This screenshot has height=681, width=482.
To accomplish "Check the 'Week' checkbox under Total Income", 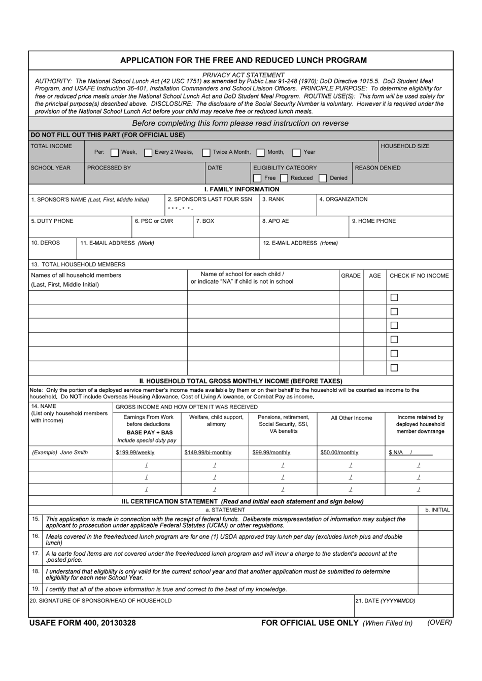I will pos(115,152).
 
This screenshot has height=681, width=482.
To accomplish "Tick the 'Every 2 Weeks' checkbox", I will pos(149,152).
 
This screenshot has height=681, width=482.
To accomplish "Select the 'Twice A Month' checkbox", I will pos(206,152).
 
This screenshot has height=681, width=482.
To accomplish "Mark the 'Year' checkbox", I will pos(297,152).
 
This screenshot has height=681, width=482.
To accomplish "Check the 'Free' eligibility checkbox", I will pos(257,178).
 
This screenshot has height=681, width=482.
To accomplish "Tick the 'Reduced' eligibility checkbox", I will pos(284,178).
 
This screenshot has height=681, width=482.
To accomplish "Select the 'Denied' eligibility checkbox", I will pos(323,178).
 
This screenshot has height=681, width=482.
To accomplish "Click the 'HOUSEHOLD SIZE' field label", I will pos(404,146).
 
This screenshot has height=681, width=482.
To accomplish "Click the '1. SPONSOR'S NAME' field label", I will pos(90,200).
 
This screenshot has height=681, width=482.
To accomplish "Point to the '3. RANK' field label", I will pos(273,199).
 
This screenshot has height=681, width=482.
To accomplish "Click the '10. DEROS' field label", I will pos(46,243).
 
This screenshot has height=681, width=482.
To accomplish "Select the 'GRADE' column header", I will pos(351,276).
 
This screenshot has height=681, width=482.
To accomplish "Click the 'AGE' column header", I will pos(375,276).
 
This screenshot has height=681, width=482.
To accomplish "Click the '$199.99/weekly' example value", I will pos(135,453).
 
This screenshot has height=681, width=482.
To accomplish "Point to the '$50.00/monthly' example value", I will pos(339,453).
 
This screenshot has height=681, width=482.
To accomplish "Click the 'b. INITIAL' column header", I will pos(437,510).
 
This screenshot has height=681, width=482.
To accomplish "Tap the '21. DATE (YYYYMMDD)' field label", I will pos(386,601).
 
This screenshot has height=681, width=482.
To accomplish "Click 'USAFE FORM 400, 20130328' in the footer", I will pos(83,623).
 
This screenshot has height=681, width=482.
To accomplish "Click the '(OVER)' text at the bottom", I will pos(439,623).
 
